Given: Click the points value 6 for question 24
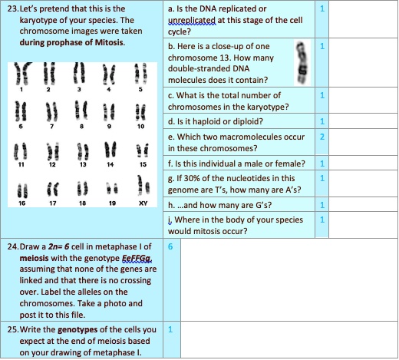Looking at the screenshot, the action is (x=170, y=247).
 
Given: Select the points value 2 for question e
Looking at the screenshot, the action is (x=323, y=136).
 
